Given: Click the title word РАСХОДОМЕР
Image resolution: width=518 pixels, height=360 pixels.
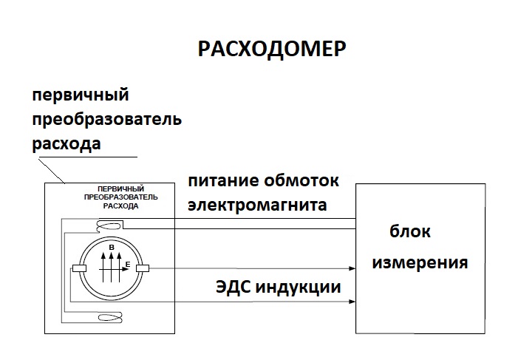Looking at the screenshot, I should (x=273, y=49).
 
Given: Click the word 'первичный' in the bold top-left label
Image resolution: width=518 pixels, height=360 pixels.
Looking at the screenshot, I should (x=81, y=95).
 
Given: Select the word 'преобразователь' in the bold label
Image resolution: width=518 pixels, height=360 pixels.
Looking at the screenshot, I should (x=106, y=119).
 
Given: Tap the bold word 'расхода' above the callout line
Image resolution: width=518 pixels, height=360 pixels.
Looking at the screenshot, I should (x=66, y=143).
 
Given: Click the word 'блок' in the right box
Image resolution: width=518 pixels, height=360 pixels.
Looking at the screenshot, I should (x=410, y=231).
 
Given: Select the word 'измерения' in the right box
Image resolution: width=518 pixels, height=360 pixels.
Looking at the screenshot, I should (x=420, y=262).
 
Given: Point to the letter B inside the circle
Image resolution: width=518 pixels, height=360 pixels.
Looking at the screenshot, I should (x=112, y=247).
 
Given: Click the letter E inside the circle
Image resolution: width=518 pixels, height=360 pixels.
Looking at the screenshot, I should (x=128, y=264).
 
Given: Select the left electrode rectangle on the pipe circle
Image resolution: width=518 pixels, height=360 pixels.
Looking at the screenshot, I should (x=78, y=268).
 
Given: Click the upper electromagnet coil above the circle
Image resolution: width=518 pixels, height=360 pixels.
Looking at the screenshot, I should (x=109, y=225).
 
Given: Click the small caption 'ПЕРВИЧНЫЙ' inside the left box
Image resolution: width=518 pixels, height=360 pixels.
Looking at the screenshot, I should (x=109, y=189).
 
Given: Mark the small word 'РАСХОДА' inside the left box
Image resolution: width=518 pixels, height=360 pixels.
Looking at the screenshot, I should (x=109, y=206).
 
